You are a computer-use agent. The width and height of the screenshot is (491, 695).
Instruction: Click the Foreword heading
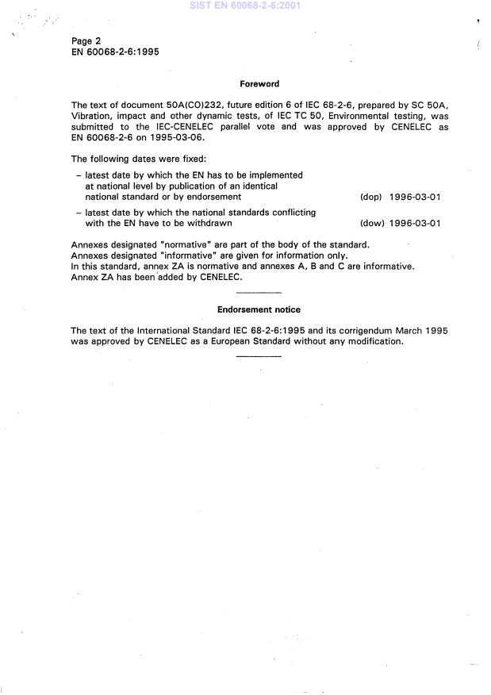pyautogui.click(x=259, y=83)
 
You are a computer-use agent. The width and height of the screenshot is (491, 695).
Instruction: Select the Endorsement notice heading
pyautogui.click(x=259, y=309)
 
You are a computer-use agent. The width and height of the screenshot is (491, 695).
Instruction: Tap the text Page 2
pyautogui.click(x=86, y=40)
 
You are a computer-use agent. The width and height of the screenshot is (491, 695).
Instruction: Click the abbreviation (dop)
pyautogui.click(x=371, y=196)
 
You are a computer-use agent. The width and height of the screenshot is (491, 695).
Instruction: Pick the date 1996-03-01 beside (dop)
pyautogui.click(x=415, y=196)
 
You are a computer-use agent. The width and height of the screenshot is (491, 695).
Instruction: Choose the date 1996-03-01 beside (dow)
pyautogui.click(x=415, y=223)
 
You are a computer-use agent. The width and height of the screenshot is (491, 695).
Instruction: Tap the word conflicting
pyautogui.click(x=290, y=212)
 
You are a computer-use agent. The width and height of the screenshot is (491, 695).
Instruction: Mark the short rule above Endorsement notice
pyautogui.click(x=259, y=293)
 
